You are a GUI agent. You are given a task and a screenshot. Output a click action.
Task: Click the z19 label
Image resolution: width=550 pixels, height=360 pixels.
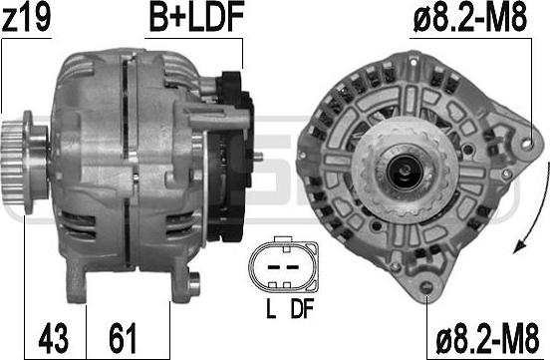26,18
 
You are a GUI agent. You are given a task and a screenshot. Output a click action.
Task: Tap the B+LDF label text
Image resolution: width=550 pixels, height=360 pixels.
196,18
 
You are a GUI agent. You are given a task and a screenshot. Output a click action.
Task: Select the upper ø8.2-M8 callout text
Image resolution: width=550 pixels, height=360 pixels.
470,18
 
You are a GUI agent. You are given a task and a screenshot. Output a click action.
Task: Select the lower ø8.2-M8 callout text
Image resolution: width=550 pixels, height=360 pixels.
487,339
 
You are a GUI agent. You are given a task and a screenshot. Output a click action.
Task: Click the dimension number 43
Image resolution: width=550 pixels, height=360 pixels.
54,339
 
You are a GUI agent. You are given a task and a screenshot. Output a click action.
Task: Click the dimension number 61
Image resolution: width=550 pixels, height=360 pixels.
123,339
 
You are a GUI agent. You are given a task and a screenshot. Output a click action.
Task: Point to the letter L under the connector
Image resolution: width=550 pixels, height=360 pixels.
271,309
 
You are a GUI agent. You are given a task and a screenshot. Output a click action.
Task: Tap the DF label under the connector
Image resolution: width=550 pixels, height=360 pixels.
302,309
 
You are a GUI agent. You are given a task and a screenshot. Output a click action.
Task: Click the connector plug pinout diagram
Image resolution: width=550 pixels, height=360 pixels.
283,263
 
